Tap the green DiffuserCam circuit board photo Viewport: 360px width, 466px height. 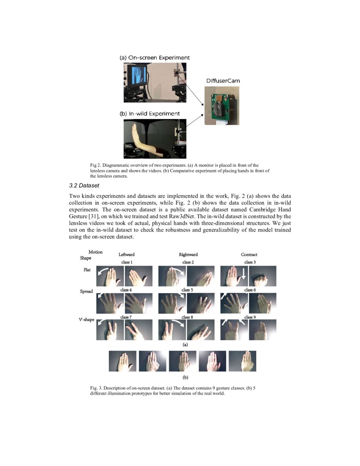(x=222, y=106)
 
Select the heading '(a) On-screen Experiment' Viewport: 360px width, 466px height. (x=154, y=57)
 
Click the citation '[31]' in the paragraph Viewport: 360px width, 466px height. (x=94, y=215)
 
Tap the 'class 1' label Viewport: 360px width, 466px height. (x=127, y=262)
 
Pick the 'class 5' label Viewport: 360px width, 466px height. (x=186, y=290)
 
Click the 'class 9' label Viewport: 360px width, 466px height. (x=250, y=317)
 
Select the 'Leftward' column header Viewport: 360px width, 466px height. (x=127, y=255)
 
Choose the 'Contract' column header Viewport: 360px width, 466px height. (x=249, y=255)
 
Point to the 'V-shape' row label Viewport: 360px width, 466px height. (x=86, y=320)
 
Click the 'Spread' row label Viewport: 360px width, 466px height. (x=86, y=291)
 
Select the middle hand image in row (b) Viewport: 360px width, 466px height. (x=182, y=361)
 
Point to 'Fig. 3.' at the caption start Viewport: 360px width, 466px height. (x=96, y=388)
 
